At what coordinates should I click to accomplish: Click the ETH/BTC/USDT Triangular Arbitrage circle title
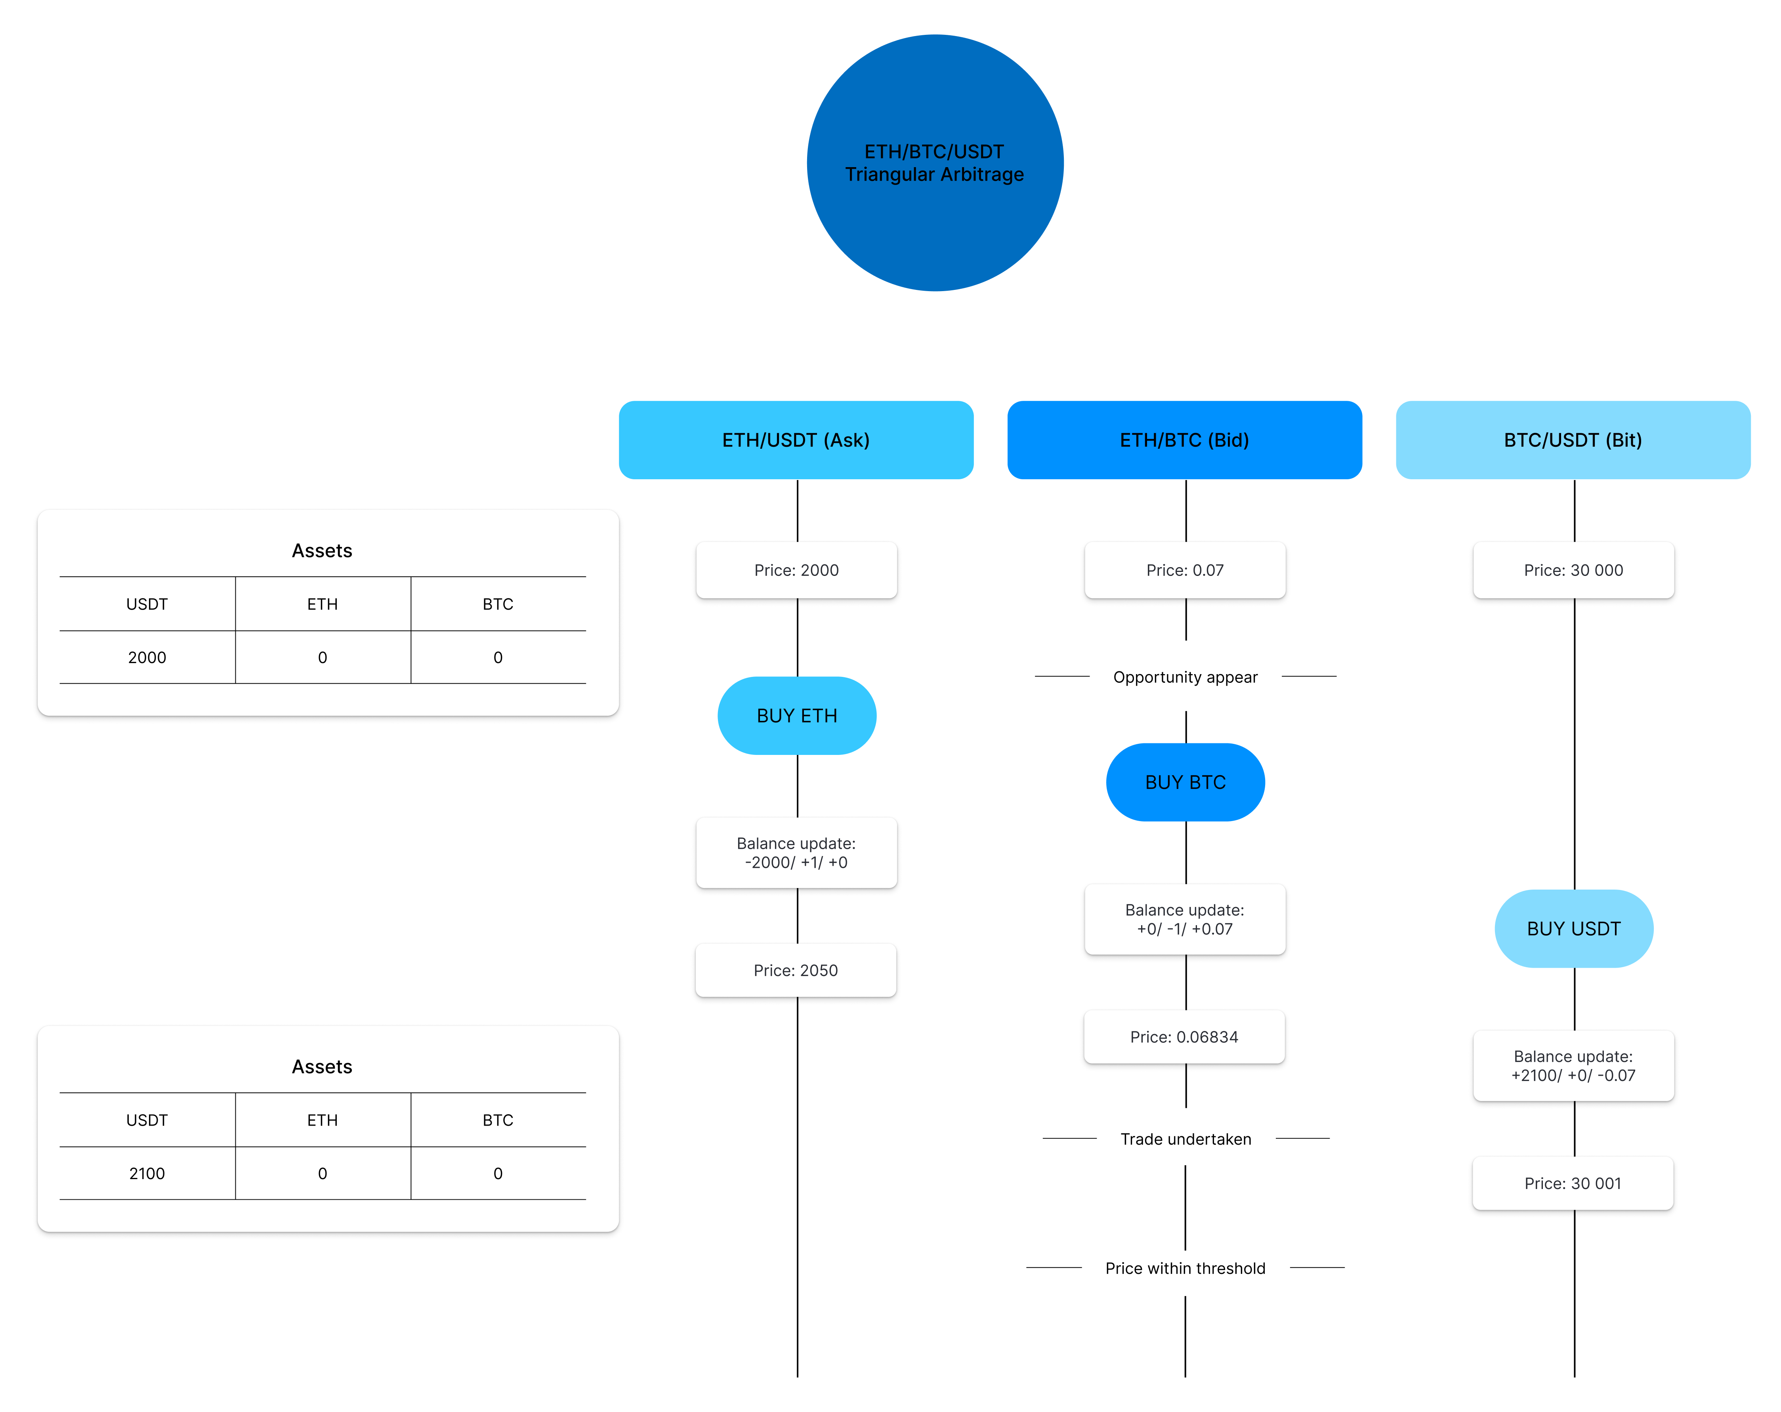point(934,163)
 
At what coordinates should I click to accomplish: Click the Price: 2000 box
point(796,570)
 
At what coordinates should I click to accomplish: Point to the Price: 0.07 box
point(1185,570)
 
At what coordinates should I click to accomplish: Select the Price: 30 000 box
point(1573,570)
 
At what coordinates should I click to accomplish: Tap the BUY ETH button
point(796,715)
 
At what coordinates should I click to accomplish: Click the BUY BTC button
point(1185,782)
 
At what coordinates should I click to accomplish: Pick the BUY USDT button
point(1573,928)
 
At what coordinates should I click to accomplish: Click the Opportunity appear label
point(1185,677)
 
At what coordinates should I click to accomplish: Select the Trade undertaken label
point(1185,1139)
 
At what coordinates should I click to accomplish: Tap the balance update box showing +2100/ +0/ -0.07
point(1573,1065)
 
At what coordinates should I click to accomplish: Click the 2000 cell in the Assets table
point(147,657)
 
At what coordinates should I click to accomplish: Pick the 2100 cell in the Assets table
point(147,1173)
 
